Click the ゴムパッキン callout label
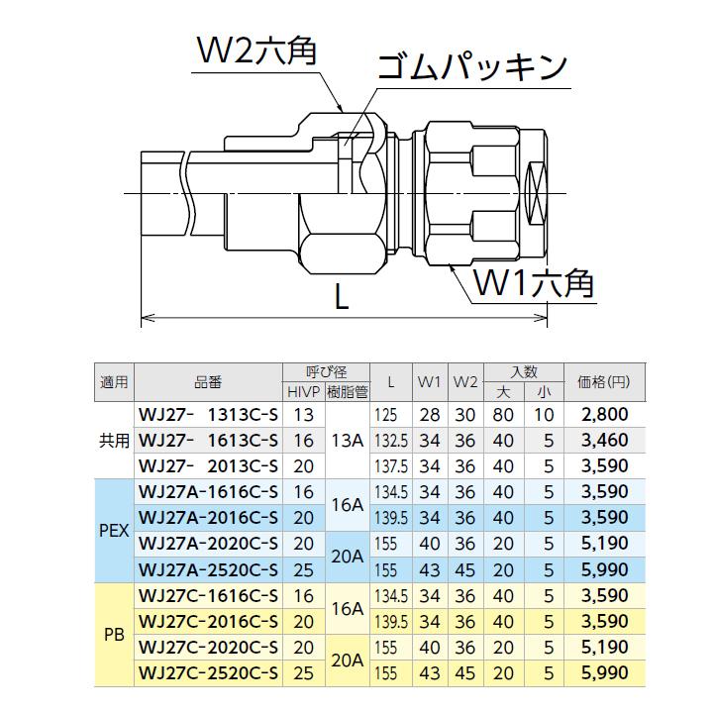470,67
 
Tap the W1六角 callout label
533,284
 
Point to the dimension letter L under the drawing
343,299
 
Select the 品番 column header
207,381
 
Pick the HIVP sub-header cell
303,392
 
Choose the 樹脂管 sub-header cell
347,392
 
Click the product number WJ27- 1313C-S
207,415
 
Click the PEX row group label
115,530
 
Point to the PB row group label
115,635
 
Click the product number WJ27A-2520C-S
207,568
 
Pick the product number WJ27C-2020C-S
207,648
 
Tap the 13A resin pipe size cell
347,441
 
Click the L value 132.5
392,441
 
